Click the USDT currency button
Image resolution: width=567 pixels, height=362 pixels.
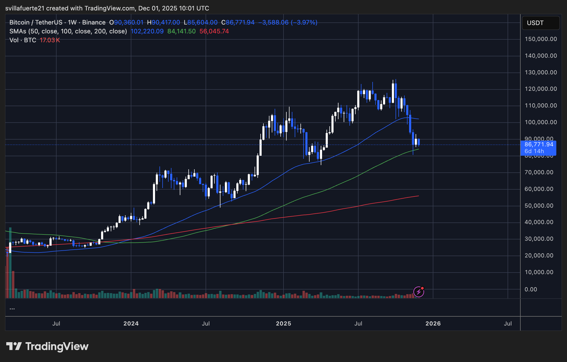coord(540,23)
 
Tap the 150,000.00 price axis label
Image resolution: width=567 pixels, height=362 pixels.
coord(541,39)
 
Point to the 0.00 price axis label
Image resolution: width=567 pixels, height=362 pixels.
coord(531,289)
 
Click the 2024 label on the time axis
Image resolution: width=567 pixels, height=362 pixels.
coord(131,323)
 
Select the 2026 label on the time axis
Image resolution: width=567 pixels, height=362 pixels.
coord(433,323)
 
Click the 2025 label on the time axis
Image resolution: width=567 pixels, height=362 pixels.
coord(283,323)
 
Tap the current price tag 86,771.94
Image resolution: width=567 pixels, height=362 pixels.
coord(539,144)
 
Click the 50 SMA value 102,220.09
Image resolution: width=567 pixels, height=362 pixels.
coord(147,31)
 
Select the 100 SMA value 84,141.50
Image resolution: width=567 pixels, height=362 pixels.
coord(181,31)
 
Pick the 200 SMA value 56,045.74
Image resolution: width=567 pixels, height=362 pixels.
coord(214,31)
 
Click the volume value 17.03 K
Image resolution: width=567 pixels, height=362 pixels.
coord(50,40)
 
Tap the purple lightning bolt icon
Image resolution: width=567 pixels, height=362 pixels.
coord(418,292)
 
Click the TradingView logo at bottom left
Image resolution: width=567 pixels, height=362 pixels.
coord(47,346)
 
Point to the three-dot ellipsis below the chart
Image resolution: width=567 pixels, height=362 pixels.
coord(12,309)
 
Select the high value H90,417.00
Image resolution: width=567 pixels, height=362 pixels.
coord(163,22)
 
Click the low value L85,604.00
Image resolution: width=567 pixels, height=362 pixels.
coord(201,22)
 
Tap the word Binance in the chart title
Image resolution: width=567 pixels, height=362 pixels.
coord(94,22)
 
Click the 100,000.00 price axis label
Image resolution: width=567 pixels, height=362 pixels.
coord(541,122)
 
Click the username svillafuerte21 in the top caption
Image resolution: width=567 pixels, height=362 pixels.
coord(25,8)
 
